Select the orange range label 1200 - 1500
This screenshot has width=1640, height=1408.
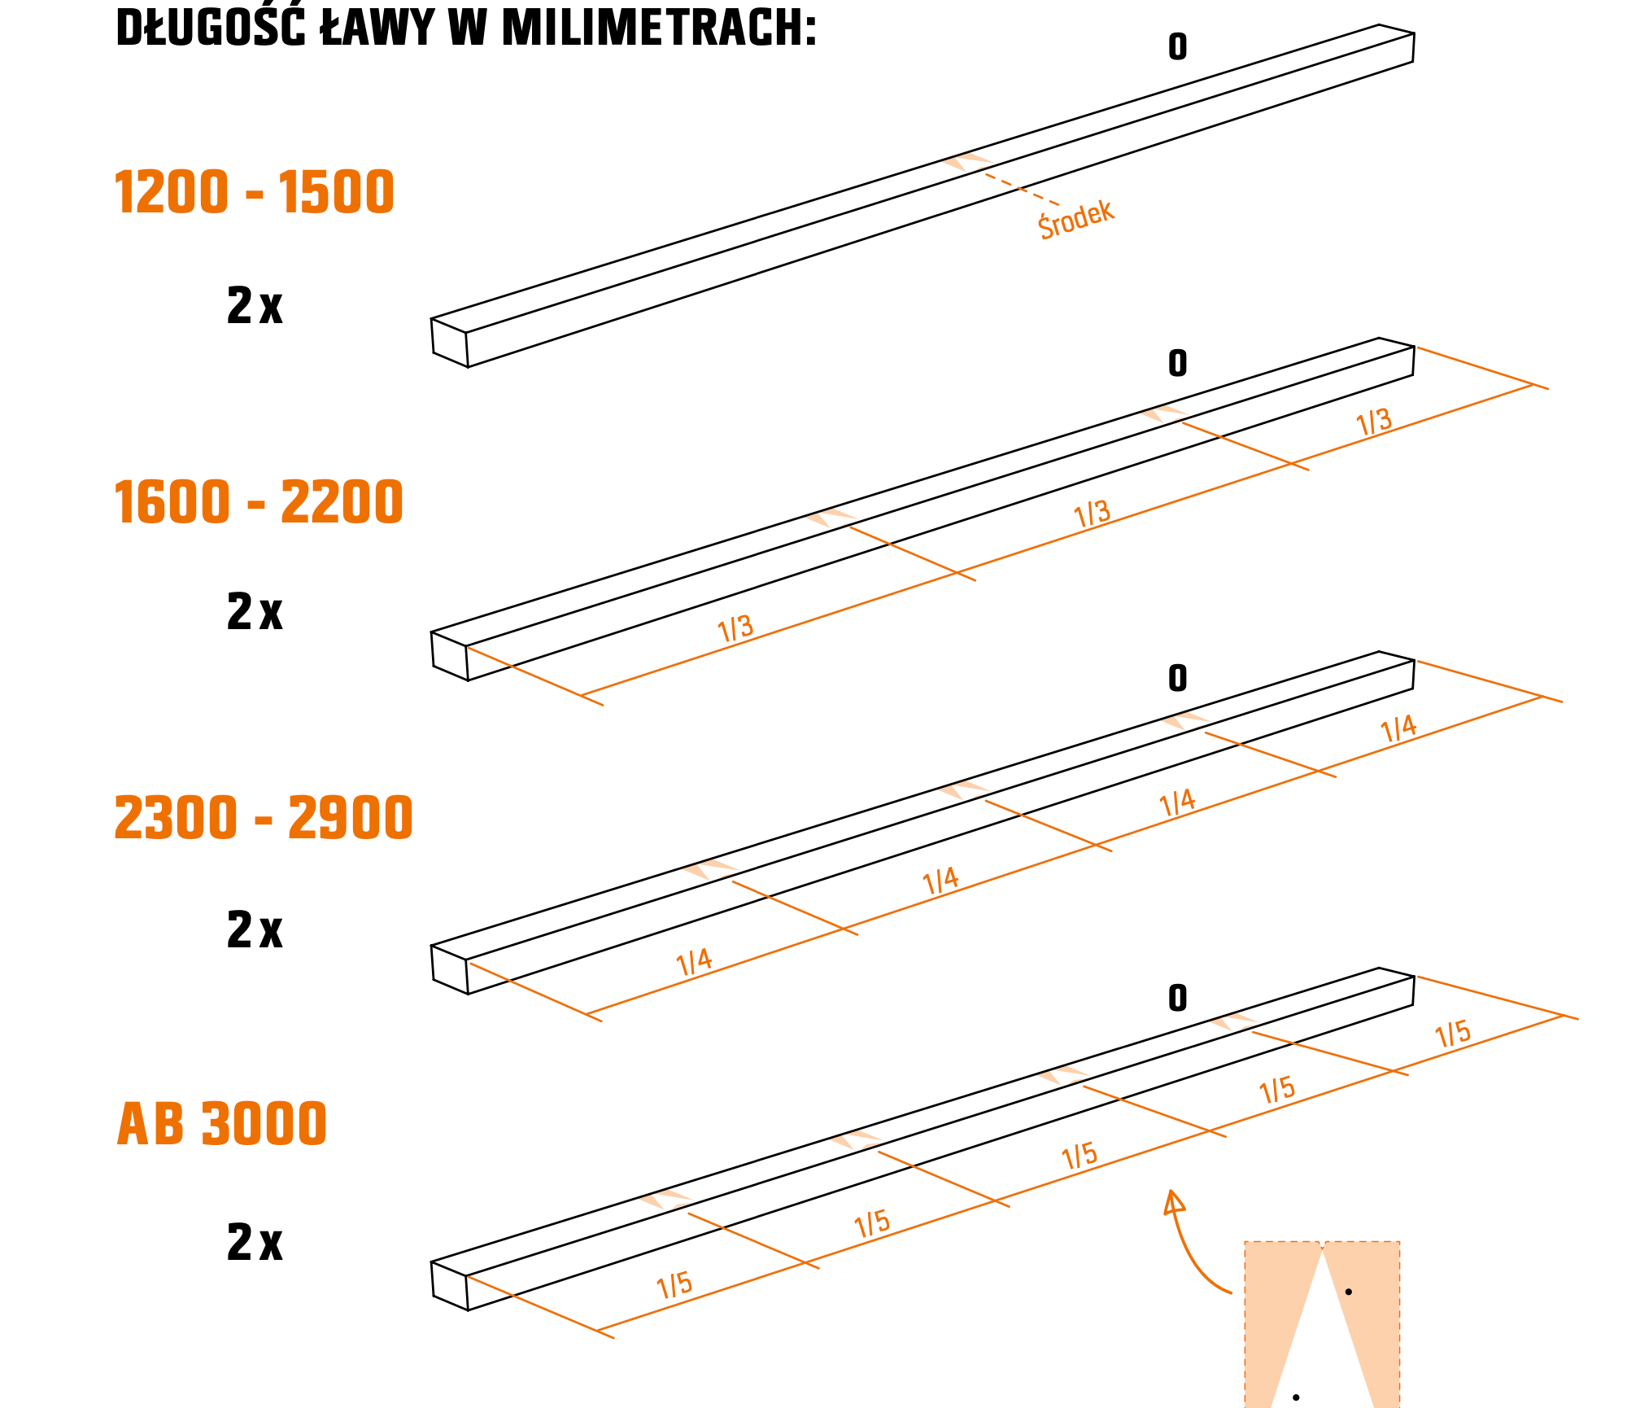[x=254, y=193]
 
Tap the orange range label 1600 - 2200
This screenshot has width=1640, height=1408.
[x=259, y=502]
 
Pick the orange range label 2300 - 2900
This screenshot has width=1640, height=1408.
[x=264, y=818]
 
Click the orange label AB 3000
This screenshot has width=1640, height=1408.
[x=222, y=1124]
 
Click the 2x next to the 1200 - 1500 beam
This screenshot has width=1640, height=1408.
[x=255, y=307]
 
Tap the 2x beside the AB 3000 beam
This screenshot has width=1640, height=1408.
[x=255, y=1243]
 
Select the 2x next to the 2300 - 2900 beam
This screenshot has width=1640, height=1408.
[x=255, y=930]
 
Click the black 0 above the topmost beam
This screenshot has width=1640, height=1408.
[x=1178, y=47]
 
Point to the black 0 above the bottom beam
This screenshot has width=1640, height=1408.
[x=1178, y=998]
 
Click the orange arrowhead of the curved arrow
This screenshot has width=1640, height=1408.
[x=1173, y=1201]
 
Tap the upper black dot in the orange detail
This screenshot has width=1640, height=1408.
[x=1349, y=1292]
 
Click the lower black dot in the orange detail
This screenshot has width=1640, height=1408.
[x=1296, y=1397]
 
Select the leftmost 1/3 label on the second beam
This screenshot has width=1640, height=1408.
[x=735, y=628]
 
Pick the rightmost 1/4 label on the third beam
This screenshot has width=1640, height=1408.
[x=1399, y=728]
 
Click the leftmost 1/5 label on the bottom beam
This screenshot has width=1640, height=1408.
[x=674, y=1285]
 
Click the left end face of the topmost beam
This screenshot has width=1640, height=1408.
[x=450, y=343]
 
